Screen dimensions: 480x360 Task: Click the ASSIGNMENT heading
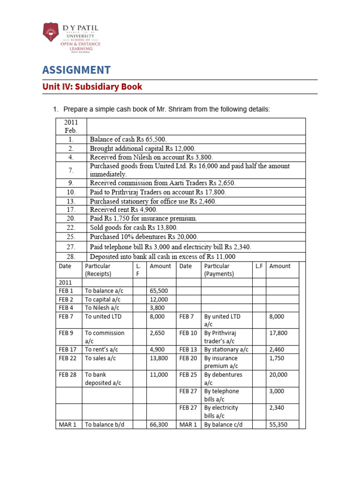coord(76,70)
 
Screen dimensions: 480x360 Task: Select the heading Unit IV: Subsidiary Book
coord(92,87)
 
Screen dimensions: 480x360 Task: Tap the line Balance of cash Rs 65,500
coord(128,139)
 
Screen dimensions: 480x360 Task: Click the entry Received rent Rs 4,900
coord(123,210)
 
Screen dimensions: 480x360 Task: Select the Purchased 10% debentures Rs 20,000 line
coord(144,237)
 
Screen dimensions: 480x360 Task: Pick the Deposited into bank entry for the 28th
coord(162,256)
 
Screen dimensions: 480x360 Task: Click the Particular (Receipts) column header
coord(98,270)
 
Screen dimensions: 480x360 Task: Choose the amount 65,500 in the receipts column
coord(158,291)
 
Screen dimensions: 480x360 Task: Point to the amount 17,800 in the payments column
coord(278,333)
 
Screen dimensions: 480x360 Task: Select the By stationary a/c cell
coord(226,349)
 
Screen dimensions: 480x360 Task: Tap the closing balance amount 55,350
coord(278,424)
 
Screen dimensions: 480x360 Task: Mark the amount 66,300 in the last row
coord(158,424)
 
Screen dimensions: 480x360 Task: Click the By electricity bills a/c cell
coord(221,412)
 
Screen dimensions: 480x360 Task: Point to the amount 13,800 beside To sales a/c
coord(158,358)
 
